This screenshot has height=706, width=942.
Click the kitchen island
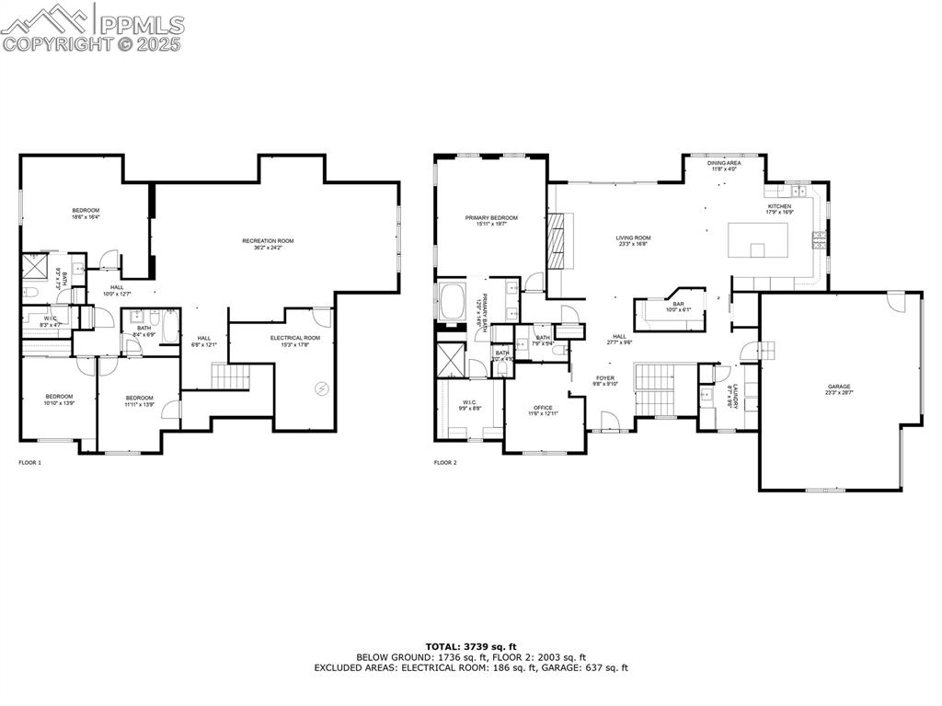point(758,241)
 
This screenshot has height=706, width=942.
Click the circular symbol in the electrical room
point(321,388)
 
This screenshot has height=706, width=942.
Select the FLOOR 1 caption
point(30,462)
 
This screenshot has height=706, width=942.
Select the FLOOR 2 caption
point(445,462)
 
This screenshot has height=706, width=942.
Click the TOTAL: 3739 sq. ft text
point(470,646)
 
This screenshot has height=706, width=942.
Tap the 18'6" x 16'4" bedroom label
point(86,214)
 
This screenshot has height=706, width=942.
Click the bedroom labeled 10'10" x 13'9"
point(59,399)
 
